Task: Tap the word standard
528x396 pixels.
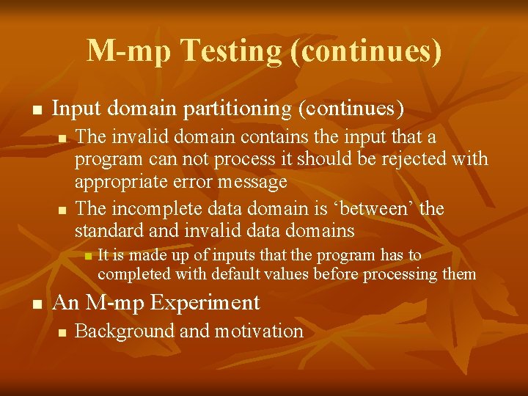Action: coord(109,231)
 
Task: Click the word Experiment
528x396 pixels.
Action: coord(211,302)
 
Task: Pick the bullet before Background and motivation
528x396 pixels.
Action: coord(62,332)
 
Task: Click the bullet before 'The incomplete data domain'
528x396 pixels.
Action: coord(62,210)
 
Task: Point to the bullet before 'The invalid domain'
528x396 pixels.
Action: coord(62,138)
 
